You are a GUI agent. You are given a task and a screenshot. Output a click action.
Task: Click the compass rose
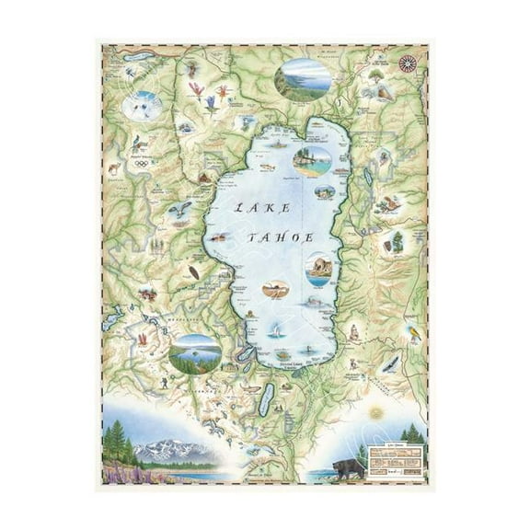(x=407, y=63)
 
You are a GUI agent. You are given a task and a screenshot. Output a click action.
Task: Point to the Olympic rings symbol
(x=141, y=164)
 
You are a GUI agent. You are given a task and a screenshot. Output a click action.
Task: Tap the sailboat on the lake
(x=273, y=331)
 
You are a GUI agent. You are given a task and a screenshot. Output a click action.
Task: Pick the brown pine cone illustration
(x=193, y=272)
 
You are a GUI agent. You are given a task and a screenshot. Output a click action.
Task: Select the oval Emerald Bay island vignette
(x=194, y=352)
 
